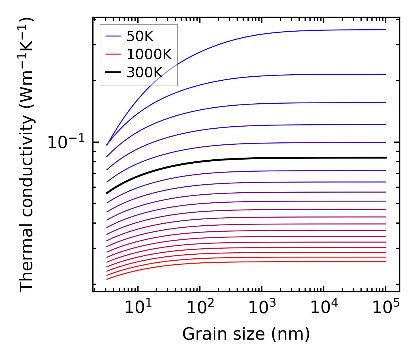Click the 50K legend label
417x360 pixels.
[140, 36]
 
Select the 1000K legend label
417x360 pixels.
[149, 54]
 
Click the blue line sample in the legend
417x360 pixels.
[113, 36]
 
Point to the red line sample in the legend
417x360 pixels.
[113, 54]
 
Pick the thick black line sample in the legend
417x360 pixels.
[113, 72]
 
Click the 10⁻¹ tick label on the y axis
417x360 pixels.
[66, 142]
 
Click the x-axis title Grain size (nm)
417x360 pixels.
[246, 334]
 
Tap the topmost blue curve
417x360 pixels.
[258, 35]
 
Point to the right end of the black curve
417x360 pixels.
[386, 158]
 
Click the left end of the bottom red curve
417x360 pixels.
[107, 279]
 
